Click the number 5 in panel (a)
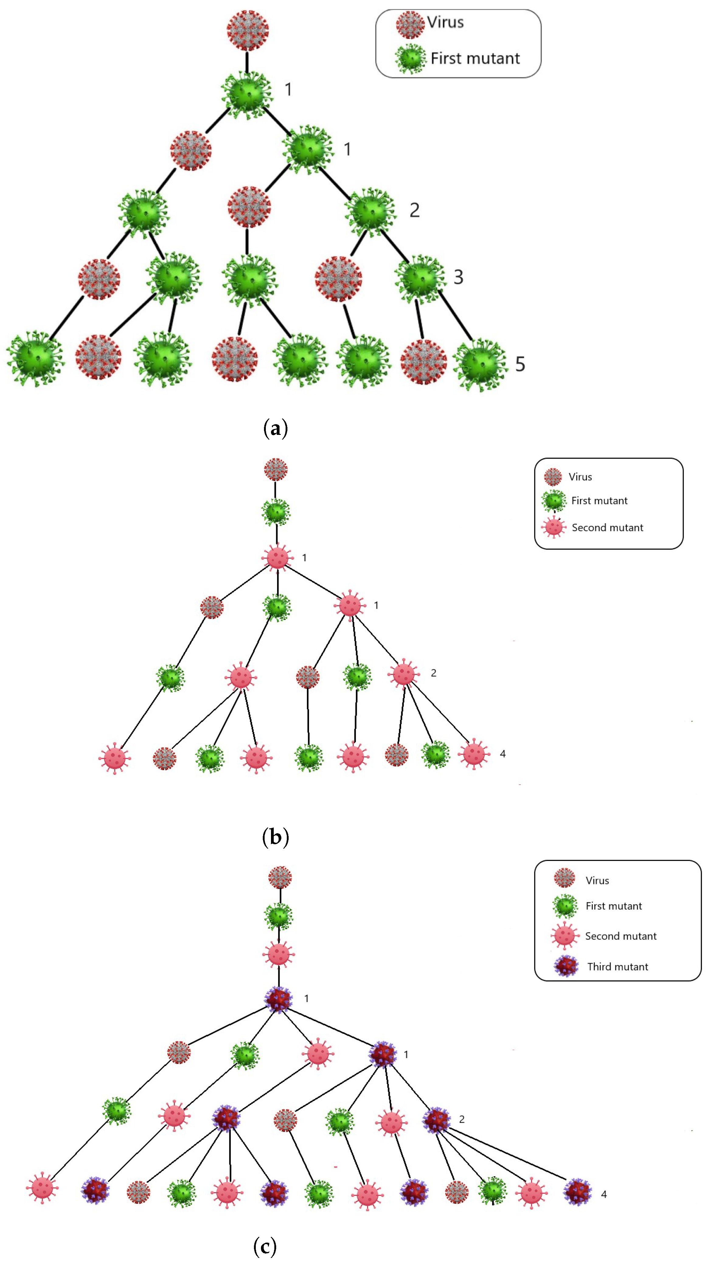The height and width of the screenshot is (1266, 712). click(520, 364)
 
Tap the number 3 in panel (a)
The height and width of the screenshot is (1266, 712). click(458, 277)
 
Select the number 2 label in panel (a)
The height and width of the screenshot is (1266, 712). click(415, 210)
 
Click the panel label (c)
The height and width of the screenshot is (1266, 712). click(265, 1246)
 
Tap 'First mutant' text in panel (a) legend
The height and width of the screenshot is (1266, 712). click(475, 58)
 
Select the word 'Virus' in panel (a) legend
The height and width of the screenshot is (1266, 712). click(445, 22)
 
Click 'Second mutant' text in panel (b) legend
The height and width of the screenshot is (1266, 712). click(607, 527)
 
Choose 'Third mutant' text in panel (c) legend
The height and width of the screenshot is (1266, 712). click(618, 967)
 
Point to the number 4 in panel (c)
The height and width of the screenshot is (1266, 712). click(604, 1194)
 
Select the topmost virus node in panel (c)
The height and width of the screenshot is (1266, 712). click(280, 877)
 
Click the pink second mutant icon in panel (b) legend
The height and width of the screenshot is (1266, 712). click(554, 527)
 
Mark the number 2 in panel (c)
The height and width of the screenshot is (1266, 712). click(462, 1119)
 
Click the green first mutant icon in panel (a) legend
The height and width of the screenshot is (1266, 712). click(410, 58)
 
